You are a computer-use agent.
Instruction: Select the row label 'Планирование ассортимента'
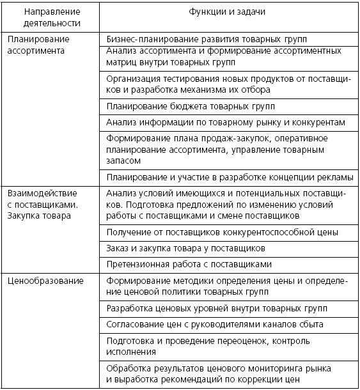[x=39, y=45]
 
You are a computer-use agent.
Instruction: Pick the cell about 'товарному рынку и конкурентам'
[x=226, y=122]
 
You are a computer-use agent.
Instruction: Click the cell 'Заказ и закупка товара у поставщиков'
[x=187, y=248]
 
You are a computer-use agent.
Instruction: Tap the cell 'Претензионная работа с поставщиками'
[x=190, y=263]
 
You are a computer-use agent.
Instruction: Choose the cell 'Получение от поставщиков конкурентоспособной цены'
[x=223, y=233]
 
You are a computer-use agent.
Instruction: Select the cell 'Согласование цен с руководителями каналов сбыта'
[x=215, y=324]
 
